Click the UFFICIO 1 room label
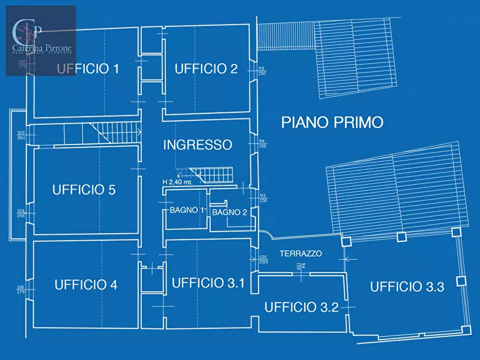[88, 69]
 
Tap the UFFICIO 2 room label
[206, 69]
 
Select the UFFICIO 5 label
[84, 190]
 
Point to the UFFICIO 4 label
[85, 285]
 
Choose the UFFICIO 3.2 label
[301, 307]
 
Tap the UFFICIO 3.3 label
[407, 287]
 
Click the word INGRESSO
[197, 145]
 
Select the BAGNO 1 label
[187, 210]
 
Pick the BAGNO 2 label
[230, 212]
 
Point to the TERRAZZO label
[300, 254]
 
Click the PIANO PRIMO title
[332, 123]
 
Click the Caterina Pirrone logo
[41, 40]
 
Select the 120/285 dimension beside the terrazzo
[263, 260]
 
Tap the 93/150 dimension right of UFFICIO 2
[262, 70]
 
